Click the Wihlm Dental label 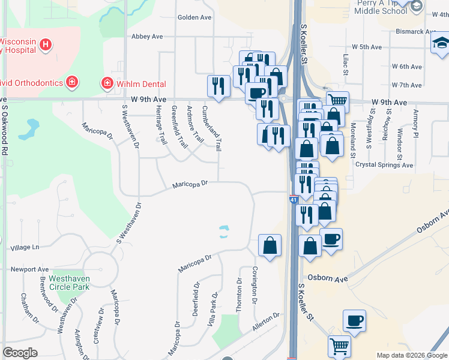tap(142, 84)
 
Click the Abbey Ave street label tap(147, 37)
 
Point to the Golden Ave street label tap(194, 17)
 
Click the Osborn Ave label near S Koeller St tap(328, 279)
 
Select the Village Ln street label tap(25, 247)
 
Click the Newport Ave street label tap(34, 270)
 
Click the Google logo tap(20, 353)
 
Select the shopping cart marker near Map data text tap(339, 346)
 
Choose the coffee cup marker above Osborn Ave tap(331, 239)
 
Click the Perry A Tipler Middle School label tap(382, 7)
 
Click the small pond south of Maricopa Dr tap(223, 232)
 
